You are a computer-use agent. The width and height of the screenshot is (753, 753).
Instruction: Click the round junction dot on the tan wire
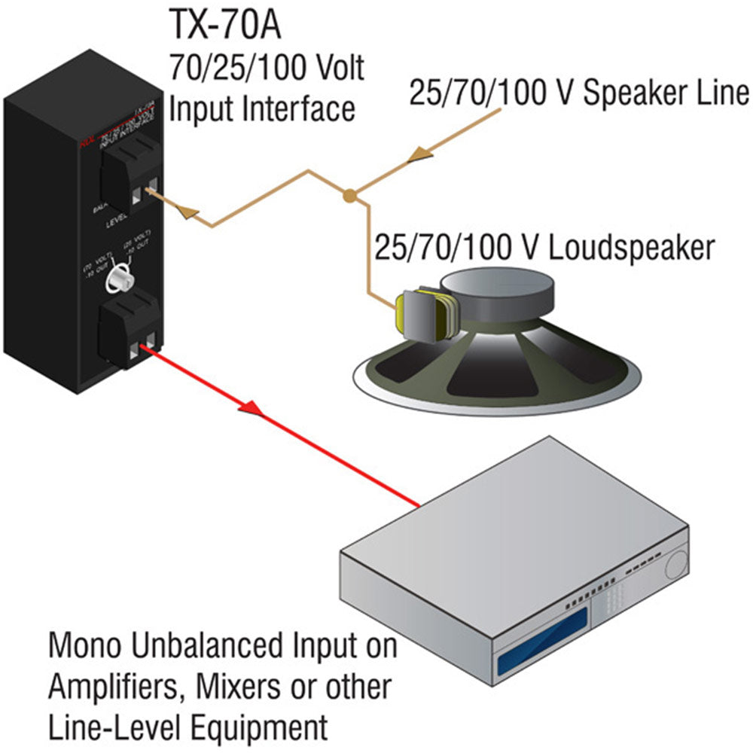click(349, 197)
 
